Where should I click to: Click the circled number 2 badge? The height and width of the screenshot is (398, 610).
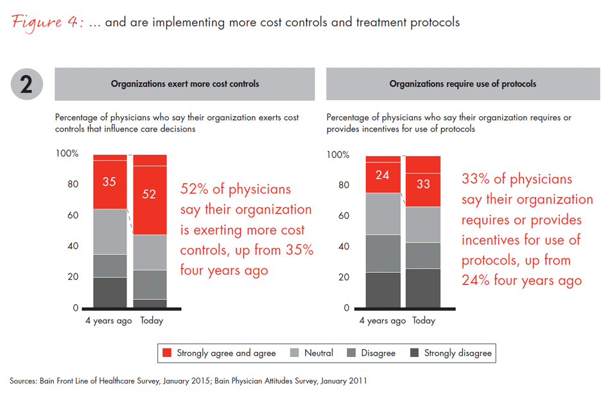tap(27, 83)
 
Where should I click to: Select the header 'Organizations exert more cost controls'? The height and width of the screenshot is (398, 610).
tap(185, 84)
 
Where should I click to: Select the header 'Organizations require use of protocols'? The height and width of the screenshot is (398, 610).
tap(462, 84)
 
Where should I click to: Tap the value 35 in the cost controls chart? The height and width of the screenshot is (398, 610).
tap(109, 182)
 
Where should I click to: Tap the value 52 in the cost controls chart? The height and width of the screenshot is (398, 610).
tap(149, 194)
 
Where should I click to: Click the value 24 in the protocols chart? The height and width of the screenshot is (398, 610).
tap(382, 174)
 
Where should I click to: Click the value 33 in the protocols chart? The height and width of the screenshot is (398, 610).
tap(423, 184)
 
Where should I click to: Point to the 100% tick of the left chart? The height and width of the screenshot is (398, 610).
tap(67, 154)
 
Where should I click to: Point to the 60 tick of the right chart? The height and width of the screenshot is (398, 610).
tap(344, 216)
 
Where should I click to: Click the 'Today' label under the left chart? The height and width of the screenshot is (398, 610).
tap(151, 320)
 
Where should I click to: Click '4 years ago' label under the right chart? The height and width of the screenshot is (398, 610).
tap(382, 320)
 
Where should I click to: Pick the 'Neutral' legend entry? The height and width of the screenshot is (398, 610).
tap(318, 353)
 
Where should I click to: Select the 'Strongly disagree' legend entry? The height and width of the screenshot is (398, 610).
tap(458, 353)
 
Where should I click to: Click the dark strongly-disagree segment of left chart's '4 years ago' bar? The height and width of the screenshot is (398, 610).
tap(109, 293)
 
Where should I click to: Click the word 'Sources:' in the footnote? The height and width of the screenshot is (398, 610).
tap(22, 381)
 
